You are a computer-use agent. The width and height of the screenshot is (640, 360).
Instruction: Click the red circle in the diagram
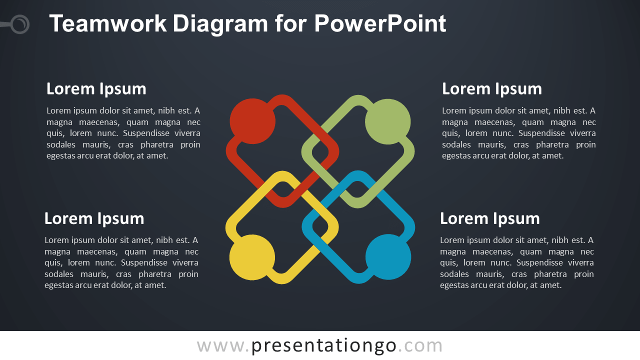pyautogui.click(x=252, y=121)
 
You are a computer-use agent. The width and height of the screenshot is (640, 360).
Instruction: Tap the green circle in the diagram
pyautogui.click(x=388, y=121)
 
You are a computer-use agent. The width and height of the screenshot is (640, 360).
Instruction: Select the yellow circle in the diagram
pyautogui.click(x=252, y=257)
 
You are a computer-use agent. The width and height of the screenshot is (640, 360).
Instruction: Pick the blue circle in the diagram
pyautogui.click(x=388, y=257)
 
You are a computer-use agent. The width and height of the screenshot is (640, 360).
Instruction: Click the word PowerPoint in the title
pyautogui.click(x=380, y=23)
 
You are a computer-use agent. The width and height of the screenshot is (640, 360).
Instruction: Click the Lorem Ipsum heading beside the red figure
pyautogui.click(x=96, y=88)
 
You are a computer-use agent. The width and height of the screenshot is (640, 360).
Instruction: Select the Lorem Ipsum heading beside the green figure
pyautogui.click(x=492, y=88)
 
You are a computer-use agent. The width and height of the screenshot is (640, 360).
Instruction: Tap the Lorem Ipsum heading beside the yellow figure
pyautogui.click(x=94, y=218)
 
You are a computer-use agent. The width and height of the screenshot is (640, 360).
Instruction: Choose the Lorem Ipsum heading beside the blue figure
pyautogui.click(x=490, y=218)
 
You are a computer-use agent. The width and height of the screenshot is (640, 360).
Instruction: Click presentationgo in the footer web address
pyautogui.click(x=324, y=345)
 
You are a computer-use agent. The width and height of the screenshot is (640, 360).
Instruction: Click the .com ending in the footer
pyautogui.click(x=420, y=345)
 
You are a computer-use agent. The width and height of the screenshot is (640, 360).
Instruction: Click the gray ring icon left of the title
pyautogui.click(x=20, y=24)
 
